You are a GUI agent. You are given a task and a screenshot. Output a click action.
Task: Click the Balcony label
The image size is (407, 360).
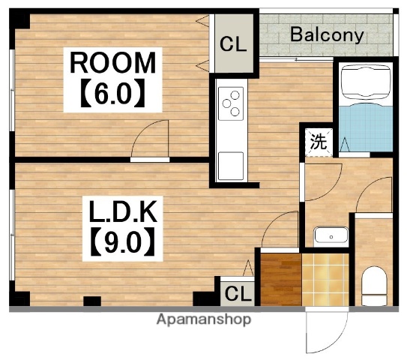coord(327,35)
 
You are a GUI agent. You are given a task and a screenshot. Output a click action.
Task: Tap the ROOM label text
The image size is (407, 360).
coord(113,62)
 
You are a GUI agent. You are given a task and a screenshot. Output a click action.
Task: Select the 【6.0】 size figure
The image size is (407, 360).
coord(113,93)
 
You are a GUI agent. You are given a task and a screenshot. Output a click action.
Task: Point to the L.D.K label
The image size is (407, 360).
coord(123,211)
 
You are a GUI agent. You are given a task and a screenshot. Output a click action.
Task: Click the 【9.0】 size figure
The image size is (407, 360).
coord(123,241)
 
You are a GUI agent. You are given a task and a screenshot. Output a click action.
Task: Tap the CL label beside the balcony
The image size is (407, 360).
coord(233,44)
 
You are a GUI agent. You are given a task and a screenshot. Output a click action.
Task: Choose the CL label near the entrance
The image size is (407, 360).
coord(238,293)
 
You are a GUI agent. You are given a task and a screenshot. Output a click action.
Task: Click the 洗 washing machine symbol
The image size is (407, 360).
coord(319,142)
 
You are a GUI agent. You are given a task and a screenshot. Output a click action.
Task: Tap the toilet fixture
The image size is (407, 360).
coord(374,286)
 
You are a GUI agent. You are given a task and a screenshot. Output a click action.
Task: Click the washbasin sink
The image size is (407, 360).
coord(331,235)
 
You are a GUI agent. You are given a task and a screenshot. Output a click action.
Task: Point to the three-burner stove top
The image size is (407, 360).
coord(231,103)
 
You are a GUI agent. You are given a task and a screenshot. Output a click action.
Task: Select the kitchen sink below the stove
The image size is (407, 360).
coord(231,166)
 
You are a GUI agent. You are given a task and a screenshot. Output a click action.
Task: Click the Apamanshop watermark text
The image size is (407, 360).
coord(204,319)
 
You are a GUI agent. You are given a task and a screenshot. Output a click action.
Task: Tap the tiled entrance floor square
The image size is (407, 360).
coord(325,280)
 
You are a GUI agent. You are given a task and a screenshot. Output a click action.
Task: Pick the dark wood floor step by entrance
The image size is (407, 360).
coord(281,280)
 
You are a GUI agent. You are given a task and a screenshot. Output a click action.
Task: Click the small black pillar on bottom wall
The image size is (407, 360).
coord(92,301)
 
